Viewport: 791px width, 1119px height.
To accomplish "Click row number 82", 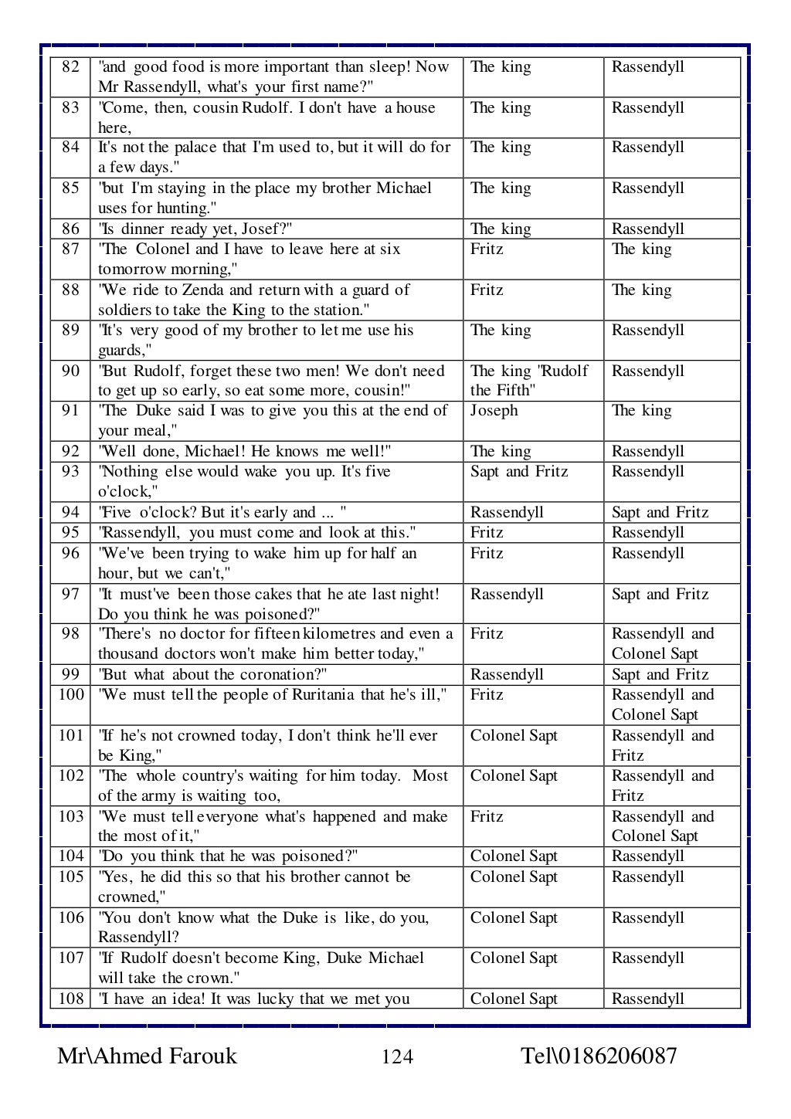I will coord(70,67).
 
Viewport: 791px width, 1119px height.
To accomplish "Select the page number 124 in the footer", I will coord(397,1056).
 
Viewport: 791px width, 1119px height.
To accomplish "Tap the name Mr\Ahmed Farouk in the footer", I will coord(147,1056).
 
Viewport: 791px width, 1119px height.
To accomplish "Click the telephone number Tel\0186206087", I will coord(599,1056).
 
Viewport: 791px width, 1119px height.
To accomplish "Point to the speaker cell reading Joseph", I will coord(494,411).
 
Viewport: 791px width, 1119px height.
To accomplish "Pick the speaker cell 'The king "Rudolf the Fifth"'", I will coord(529,381).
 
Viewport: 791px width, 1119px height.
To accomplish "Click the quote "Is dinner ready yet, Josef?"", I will coord(195,229).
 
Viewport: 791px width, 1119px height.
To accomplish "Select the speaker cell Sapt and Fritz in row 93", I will coord(518,472).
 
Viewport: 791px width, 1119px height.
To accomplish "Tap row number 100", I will coord(71,695).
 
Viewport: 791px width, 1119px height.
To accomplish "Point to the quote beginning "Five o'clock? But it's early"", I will coord(222,513).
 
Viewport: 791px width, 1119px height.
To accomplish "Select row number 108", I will coord(71,999).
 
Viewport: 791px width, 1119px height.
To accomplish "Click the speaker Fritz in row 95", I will coord(487,533).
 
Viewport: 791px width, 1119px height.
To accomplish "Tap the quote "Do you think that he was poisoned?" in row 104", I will coord(228,856).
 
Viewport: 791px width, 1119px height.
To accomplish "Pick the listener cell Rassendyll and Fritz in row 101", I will coord(663,745).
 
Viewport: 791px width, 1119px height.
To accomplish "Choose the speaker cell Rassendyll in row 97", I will coord(507,595).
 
